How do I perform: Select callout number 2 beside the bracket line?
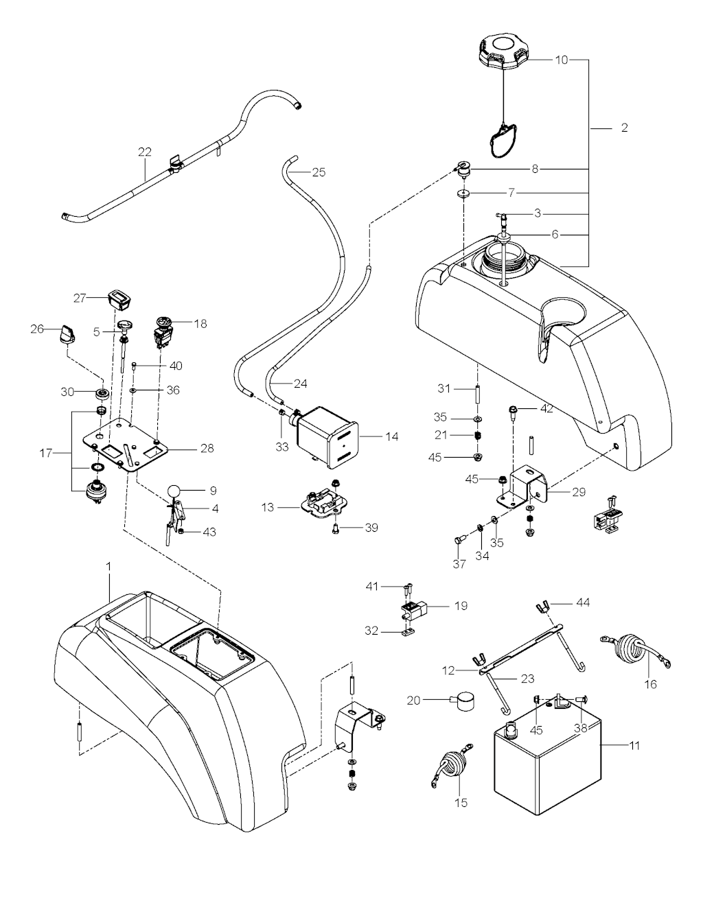[x=624, y=128]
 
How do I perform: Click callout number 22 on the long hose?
[x=145, y=152]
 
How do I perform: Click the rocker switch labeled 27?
[x=120, y=298]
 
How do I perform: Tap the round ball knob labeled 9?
[x=174, y=491]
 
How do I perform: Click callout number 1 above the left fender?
[x=109, y=566]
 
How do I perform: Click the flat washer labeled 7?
[x=463, y=193]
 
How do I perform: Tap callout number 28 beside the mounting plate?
[x=207, y=448]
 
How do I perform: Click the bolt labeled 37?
[x=459, y=540]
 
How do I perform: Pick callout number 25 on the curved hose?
[x=319, y=172]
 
